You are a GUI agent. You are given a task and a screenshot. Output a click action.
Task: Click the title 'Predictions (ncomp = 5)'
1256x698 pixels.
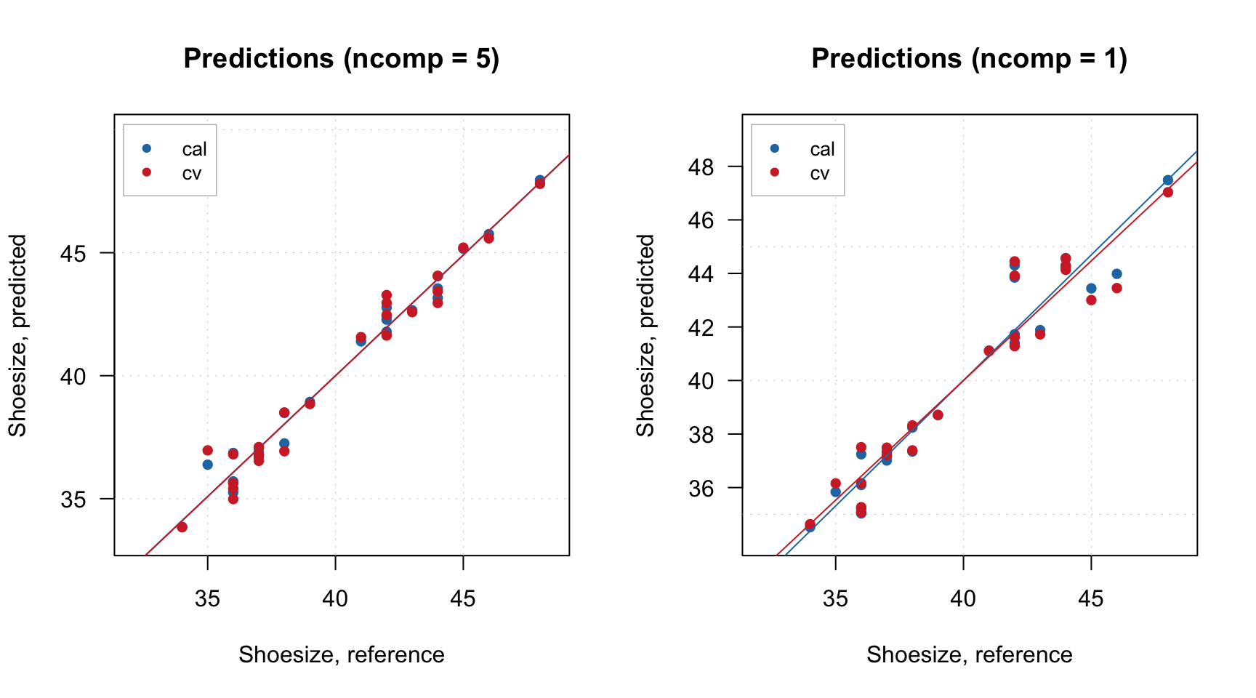[341, 58]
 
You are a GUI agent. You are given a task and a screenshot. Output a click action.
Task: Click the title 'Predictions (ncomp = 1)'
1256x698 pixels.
[969, 58]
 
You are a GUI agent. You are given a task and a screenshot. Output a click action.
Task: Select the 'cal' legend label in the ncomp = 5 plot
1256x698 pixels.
[194, 149]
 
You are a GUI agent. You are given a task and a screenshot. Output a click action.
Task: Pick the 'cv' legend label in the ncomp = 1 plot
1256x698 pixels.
[819, 174]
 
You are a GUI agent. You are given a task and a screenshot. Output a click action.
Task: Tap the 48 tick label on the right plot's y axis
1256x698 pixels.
[701, 167]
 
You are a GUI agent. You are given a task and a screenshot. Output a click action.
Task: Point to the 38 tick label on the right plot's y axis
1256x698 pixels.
[701, 434]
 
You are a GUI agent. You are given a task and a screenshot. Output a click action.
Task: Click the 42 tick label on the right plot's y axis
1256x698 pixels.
[701, 327]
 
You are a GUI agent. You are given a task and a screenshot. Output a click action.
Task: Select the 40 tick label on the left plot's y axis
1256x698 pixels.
[73, 376]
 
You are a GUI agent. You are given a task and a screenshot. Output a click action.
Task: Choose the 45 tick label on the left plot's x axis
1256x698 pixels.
[462, 598]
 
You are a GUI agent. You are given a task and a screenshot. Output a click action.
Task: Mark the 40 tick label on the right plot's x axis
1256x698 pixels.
[963, 598]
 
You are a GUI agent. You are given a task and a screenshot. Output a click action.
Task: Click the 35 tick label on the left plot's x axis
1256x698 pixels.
[207, 598]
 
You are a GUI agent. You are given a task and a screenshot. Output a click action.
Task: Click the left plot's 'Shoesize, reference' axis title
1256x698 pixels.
[341, 654]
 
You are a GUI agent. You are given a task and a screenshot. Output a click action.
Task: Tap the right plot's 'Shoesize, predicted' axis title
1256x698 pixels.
[645, 335]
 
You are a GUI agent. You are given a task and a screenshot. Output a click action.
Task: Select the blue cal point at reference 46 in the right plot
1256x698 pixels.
[1116, 274]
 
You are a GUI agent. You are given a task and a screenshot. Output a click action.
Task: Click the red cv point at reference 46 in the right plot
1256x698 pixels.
[1116, 288]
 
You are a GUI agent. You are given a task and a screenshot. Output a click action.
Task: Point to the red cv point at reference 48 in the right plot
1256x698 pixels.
[1167, 192]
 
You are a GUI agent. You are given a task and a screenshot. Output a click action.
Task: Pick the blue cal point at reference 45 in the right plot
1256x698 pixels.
[1091, 288]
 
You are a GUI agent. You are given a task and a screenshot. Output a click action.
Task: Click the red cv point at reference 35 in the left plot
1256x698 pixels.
[207, 450]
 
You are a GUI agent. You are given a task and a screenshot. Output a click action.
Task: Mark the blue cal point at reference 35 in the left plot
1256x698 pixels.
[207, 465]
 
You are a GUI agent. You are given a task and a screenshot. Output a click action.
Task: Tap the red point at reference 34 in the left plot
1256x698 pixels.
[182, 527]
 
